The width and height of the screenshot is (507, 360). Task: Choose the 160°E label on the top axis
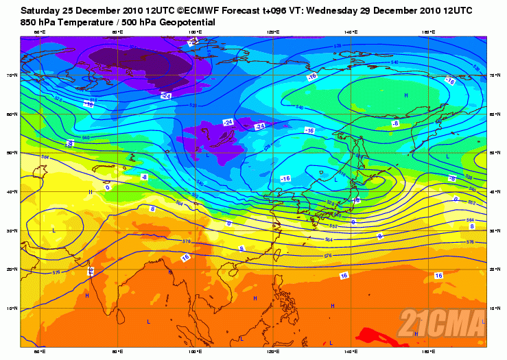427,32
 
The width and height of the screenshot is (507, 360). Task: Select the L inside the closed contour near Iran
54,230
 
